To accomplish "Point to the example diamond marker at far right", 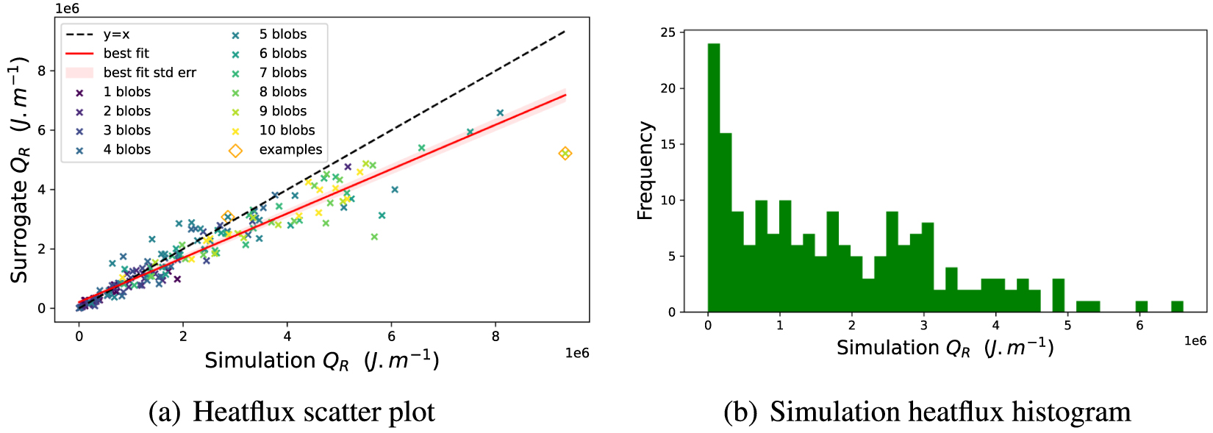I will (565, 154).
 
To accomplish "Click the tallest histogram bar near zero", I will (714, 176).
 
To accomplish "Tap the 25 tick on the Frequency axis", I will (668, 32).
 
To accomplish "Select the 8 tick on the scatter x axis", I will (495, 337).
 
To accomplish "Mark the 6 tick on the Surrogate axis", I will (41, 130).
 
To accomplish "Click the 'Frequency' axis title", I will (645, 171).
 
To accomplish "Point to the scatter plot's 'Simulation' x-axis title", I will (321, 361).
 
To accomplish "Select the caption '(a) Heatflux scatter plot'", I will (291, 412).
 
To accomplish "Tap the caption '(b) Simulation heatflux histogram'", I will (927, 412).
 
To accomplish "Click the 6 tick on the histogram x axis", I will (1140, 325).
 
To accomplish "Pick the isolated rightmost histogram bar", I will (1177, 307).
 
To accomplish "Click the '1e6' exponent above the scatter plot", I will (66, 9).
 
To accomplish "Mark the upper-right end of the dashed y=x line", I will (565, 31).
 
